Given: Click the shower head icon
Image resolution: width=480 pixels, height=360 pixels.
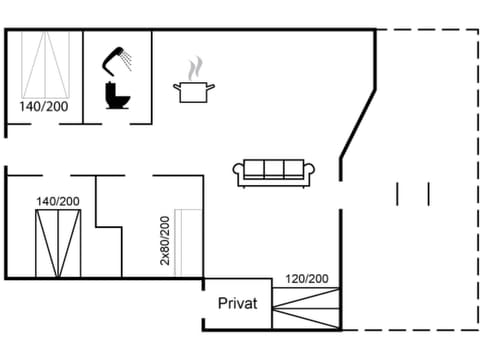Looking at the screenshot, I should pyautogui.click(x=117, y=58).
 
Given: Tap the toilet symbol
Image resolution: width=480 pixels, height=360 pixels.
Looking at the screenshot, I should pyautogui.click(x=117, y=95).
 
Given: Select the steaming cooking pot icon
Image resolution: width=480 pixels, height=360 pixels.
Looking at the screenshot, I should pyautogui.click(x=195, y=91).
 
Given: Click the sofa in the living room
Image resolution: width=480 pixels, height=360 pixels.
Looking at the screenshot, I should pyautogui.click(x=274, y=172).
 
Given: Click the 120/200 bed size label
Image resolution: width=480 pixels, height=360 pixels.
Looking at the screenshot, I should pyautogui.click(x=306, y=279).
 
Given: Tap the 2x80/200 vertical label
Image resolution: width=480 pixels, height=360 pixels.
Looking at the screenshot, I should pyautogui.click(x=166, y=239).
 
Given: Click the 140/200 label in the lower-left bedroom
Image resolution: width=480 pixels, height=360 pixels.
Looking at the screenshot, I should pyautogui.click(x=57, y=201).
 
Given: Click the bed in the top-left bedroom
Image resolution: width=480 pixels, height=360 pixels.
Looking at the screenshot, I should pyautogui.click(x=45, y=65).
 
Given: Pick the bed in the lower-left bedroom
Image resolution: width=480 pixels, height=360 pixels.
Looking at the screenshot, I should pyautogui.click(x=57, y=244).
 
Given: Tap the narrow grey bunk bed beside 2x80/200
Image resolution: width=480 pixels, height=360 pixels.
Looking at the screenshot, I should pyautogui.click(x=189, y=243).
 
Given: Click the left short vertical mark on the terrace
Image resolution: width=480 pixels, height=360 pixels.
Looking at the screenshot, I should pyautogui.click(x=398, y=192).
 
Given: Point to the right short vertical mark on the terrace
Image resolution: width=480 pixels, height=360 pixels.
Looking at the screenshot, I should pyautogui.click(x=428, y=192).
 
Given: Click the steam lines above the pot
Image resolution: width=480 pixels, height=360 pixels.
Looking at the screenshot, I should pyautogui.click(x=195, y=69).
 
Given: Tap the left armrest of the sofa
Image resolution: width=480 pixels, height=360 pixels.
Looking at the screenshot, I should pyautogui.click(x=239, y=174).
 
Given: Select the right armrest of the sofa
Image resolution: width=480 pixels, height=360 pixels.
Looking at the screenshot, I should pyautogui.click(x=310, y=174).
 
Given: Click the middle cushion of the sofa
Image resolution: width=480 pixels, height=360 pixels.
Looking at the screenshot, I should pyautogui.click(x=274, y=168).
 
